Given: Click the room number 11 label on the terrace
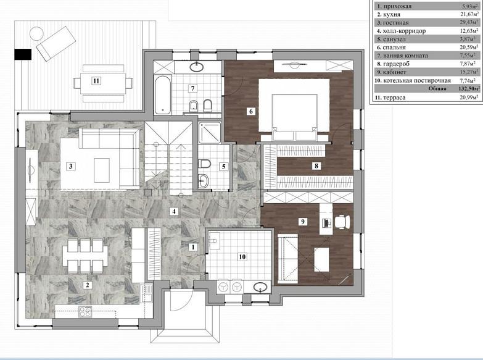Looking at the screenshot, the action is pos(96,81).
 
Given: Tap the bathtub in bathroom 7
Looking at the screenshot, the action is pos(162,94).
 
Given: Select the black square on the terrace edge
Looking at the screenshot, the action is pos(23,54).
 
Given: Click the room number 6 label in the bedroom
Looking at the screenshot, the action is pos(250,111).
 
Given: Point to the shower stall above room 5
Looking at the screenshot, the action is pos(210,133).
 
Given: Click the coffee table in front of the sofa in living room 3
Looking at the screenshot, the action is pos(102,170).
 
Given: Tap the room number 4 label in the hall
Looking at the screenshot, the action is pos(174,211).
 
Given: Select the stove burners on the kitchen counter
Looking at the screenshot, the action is pos(85,312).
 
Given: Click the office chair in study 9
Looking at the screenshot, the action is pos(342,222).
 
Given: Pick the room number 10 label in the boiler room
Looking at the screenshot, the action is pos(242,257).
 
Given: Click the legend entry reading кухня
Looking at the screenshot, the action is pos(392,14).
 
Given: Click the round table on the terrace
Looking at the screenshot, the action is pos(36,33).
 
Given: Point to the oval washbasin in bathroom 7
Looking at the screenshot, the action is pos(197,66).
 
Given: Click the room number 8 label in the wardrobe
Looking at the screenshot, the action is pos(316,165).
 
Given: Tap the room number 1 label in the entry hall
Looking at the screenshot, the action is pos(193,247).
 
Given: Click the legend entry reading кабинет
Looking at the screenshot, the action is pos(395,72).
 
